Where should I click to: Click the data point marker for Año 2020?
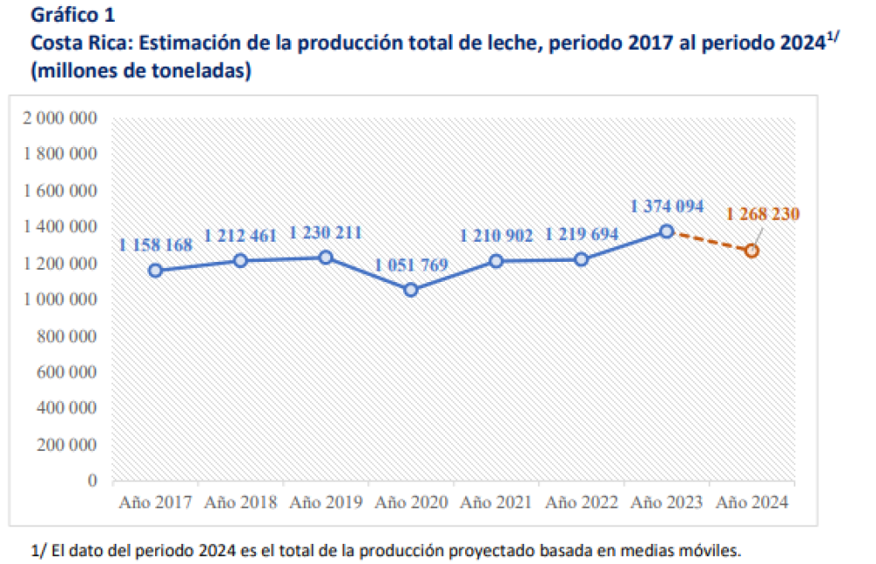click(411, 290)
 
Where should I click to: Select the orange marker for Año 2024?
click(752, 250)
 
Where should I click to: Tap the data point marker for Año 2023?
click(667, 231)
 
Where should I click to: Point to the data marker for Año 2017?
click(155, 271)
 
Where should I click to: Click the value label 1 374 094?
click(667, 207)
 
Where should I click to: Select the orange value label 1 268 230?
click(762, 214)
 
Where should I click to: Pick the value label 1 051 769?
click(411, 264)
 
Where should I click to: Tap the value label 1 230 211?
click(325, 233)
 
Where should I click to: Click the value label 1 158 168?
click(155, 245)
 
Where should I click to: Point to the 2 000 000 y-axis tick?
click(61, 118)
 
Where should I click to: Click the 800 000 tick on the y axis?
click(67, 335)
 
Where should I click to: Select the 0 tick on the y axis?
click(92, 481)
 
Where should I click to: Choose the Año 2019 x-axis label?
click(325, 503)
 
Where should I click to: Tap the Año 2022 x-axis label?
click(581, 503)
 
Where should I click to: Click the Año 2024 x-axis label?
click(752, 503)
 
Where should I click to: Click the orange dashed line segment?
click(710, 241)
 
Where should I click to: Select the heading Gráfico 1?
click(72, 15)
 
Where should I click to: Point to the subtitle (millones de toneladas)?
click(141, 72)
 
